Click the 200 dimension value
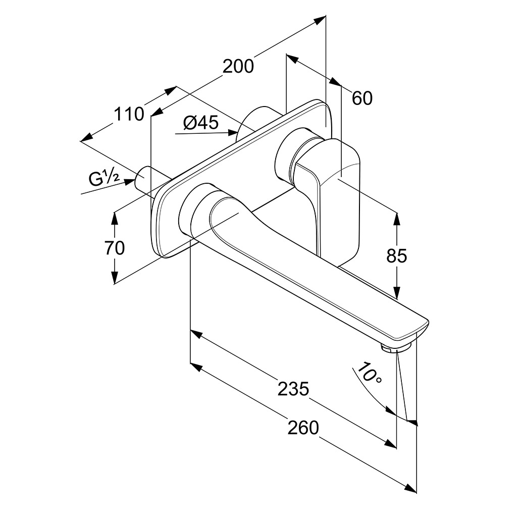pyautogui.click(x=238, y=66)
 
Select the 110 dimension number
pyautogui.click(x=129, y=114)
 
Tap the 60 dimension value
pyautogui.click(x=361, y=98)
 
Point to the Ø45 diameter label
pyautogui.click(x=200, y=123)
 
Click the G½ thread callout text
pyautogui.click(x=104, y=178)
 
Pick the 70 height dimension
pyautogui.click(x=114, y=248)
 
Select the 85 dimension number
pyautogui.click(x=396, y=256)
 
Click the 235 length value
pyautogui.click(x=293, y=388)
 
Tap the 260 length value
pyautogui.click(x=303, y=428)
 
